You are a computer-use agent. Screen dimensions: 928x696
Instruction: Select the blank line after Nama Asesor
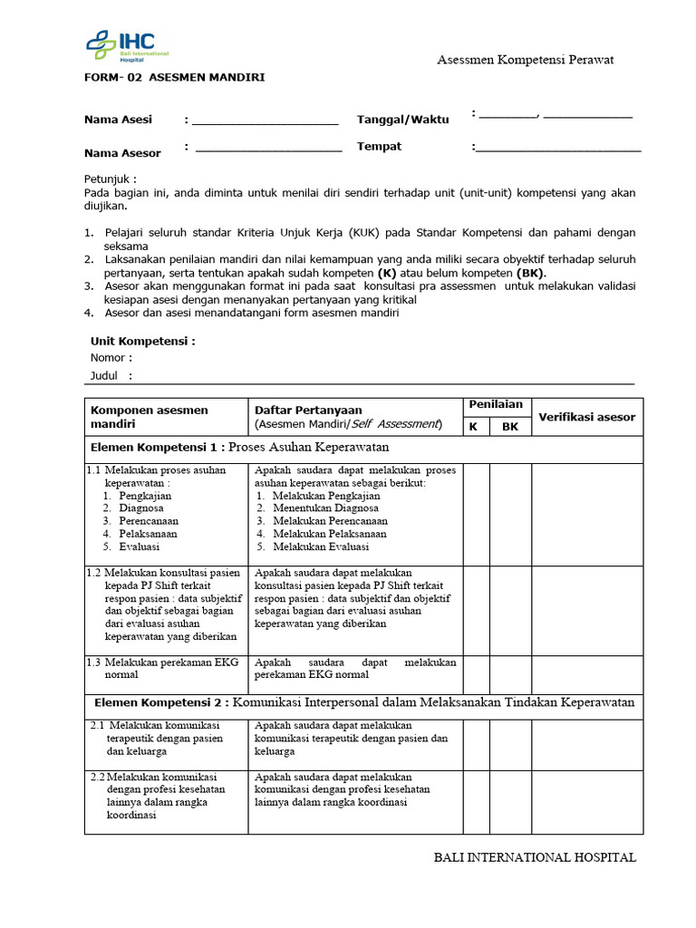pyautogui.click(x=268, y=148)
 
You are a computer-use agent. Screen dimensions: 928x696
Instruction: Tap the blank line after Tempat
pyautogui.click(x=558, y=148)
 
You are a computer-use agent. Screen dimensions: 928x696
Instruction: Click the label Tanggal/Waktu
pyautogui.click(x=402, y=120)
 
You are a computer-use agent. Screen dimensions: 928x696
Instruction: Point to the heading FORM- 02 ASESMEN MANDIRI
pyautogui.click(x=174, y=78)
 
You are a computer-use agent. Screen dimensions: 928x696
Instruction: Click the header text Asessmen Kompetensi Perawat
pyautogui.click(x=526, y=60)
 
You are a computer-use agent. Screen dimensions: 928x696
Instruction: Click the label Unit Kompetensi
pyautogui.click(x=142, y=342)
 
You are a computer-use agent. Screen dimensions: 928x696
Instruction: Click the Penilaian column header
pyautogui.click(x=496, y=405)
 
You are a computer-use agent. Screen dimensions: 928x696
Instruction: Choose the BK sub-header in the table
pyautogui.click(x=510, y=426)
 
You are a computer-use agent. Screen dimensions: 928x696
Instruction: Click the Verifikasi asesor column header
pyautogui.click(x=587, y=417)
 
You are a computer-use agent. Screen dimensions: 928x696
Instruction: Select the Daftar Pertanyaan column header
pyautogui.click(x=308, y=411)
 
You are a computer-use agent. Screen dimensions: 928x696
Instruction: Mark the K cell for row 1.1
pyautogui.click(x=476, y=513)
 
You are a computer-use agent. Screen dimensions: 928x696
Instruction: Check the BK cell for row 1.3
pyautogui.click(x=510, y=674)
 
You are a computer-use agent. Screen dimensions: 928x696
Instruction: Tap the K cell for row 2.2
pyautogui.click(x=476, y=801)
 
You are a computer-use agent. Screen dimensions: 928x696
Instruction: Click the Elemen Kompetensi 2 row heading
pyautogui.click(x=364, y=703)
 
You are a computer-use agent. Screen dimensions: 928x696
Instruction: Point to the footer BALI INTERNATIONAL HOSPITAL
pyautogui.click(x=535, y=857)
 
